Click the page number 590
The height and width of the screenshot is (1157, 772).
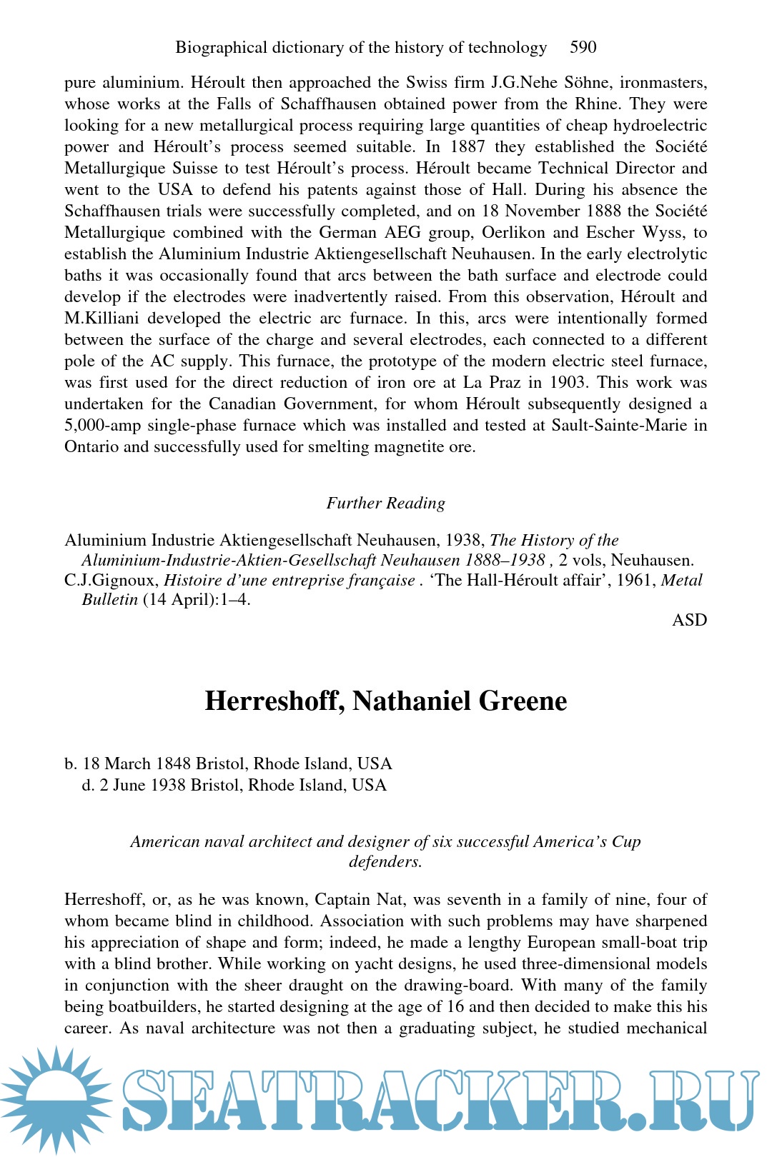click(583, 47)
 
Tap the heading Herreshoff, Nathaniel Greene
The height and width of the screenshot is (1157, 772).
click(385, 701)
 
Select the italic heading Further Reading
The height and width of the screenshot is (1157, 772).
click(385, 503)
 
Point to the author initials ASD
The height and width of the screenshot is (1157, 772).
click(689, 620)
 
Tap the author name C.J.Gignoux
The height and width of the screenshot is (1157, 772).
click(111, 580)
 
